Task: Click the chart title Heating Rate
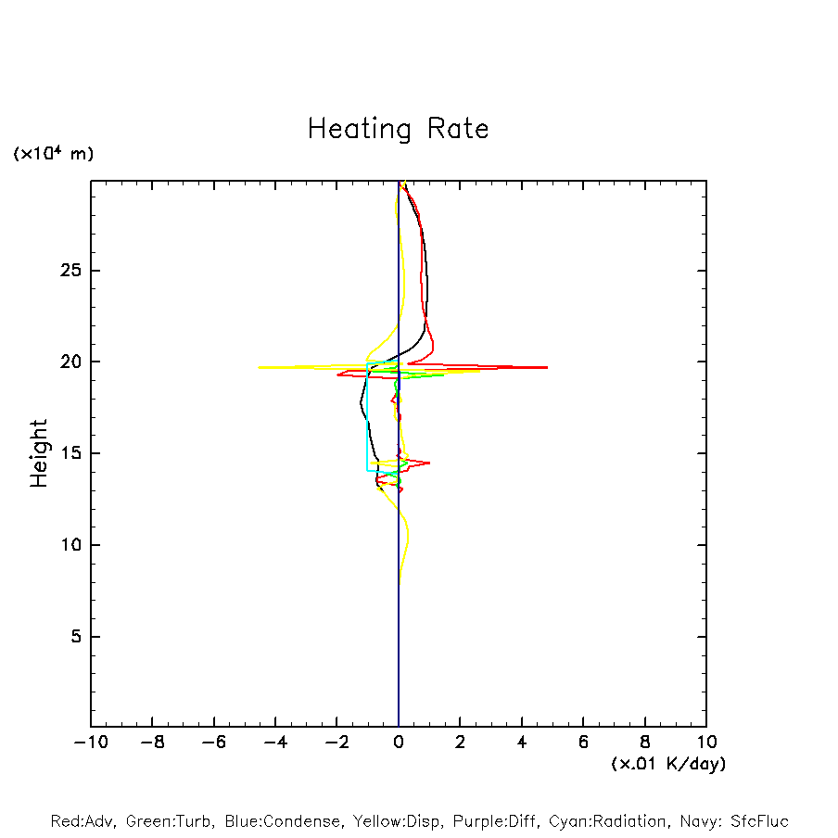coord(398,129)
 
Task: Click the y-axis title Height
coord(39,453)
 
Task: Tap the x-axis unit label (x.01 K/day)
coord(667,764)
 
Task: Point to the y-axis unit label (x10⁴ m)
coord(53,153)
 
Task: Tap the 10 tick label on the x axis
coord(705,743)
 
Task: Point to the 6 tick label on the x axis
coord(583,743)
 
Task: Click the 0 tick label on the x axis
coord(399,743)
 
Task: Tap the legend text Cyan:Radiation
coord(608,821)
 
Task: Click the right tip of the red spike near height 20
coord(547,367)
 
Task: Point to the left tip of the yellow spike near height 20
coord(259,367)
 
